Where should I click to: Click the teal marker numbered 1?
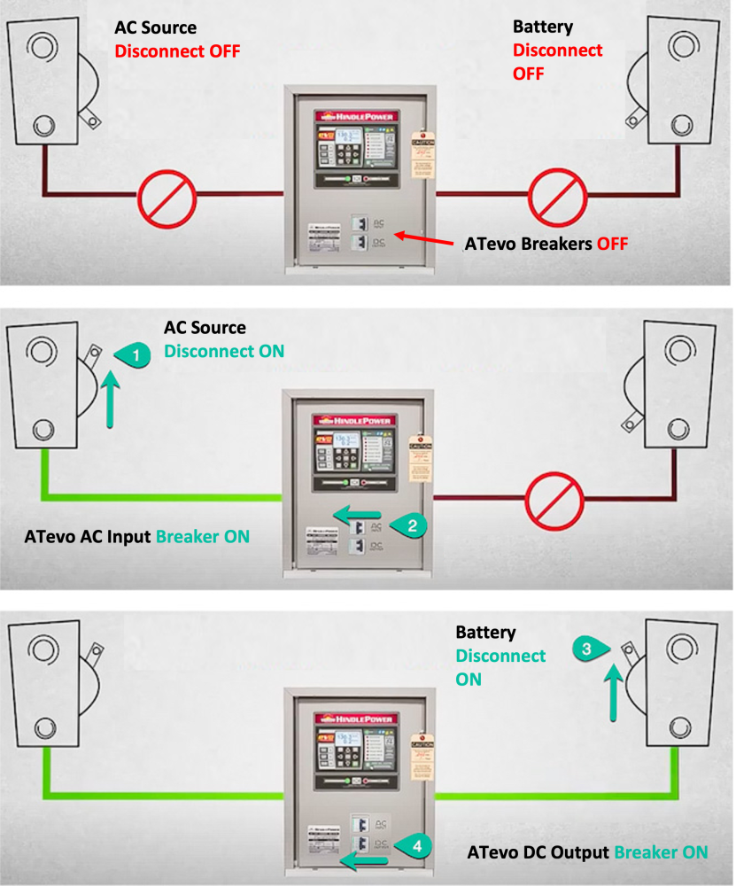click(x=136, y=355)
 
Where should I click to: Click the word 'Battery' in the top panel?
click(x=542, y=28)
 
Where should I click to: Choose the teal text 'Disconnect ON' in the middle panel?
click(x=224, y=351)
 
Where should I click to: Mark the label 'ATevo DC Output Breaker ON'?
click(x=587, y=852)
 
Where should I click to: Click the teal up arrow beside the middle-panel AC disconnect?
click(x=110, y=400)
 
